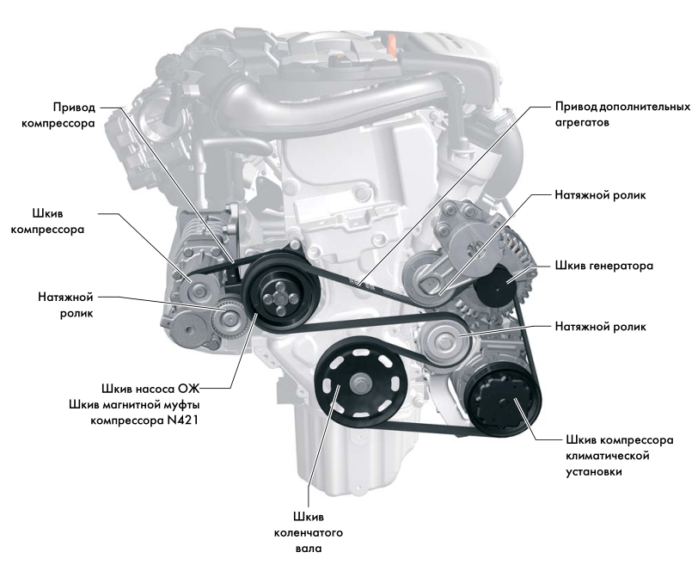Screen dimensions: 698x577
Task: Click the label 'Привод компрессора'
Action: point(58,115)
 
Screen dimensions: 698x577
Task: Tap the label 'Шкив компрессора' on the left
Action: point(47,221)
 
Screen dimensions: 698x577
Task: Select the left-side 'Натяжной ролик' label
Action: point(65,305)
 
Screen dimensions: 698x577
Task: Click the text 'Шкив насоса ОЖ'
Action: point(150,389)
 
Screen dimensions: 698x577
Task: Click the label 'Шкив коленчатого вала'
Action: point(309,532)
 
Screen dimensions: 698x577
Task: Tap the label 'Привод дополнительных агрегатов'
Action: point(622,114)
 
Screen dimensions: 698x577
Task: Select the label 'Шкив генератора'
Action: point(604,266)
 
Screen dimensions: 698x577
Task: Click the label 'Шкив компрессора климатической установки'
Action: point(620,456)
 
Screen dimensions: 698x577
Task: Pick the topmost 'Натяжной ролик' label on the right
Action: point(600,195)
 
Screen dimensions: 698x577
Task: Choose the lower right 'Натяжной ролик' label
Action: point(600,327)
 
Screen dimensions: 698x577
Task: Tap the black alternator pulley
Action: point(495,285)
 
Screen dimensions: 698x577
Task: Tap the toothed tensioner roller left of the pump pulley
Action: point(229,317)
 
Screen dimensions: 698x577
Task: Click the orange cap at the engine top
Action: point(391,43)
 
